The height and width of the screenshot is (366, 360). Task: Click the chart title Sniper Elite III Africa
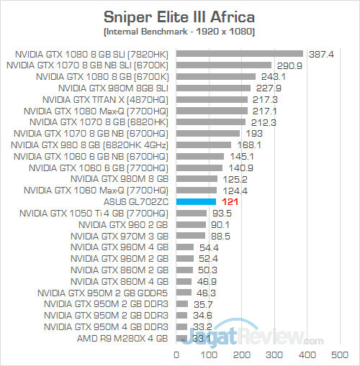point(179,16)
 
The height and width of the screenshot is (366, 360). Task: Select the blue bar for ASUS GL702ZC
point(193,202)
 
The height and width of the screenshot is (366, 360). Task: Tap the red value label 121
point(225,202)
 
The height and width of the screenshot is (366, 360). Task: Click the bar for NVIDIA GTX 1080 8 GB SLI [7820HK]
point(240,53)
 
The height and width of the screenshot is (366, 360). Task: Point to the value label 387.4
point(323,53)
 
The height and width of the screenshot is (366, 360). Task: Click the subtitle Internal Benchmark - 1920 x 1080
point(179,32)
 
